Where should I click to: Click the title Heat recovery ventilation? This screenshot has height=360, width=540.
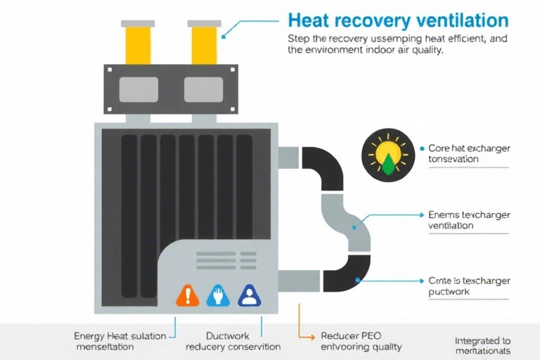coord(398,19)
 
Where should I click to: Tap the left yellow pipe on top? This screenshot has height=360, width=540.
coord(138,42)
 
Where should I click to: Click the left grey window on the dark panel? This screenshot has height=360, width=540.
coord(139,89)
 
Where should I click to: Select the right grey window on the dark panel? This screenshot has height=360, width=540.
coord(202,89)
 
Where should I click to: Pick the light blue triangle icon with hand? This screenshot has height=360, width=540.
coord(217,295)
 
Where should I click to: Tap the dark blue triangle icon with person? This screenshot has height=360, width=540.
coord(250,295)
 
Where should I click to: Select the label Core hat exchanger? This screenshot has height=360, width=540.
coord(469,149)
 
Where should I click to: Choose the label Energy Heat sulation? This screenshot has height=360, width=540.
coord(120,336)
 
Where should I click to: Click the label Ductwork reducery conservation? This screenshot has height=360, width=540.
coord(233,336)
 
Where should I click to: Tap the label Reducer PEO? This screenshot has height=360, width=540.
coord(350,336)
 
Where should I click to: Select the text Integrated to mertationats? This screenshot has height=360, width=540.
coord(482,341)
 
